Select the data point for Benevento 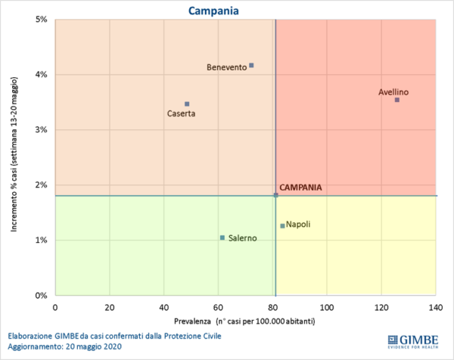coord(251,65)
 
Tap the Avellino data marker coord(396,100)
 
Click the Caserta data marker coord(187,104)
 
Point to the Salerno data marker coord(222,237)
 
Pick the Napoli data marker coord(282,225)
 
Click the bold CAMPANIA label coord(300,188)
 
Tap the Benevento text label coord(226,67)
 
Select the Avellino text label coord(393,92)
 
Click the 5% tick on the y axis coord(42,19)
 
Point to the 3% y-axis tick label coord(42,129)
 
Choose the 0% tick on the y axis coord(42,295)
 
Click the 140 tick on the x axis coord(436,308)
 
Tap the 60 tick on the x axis coord(218,308)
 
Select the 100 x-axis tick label coord(327,308)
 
